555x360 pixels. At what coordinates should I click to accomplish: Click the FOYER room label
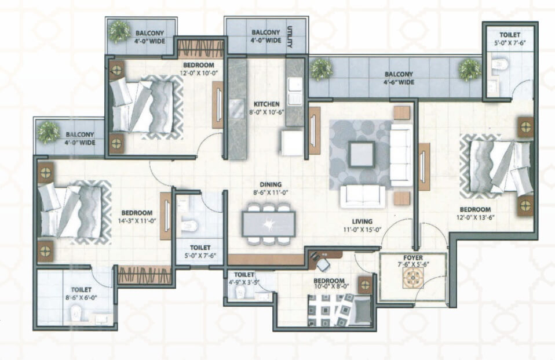coord(412,257)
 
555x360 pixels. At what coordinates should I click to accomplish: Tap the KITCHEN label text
coord(266,104)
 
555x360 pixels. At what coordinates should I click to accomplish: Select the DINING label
coord(271,184)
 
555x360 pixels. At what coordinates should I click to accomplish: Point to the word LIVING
coord(362,221)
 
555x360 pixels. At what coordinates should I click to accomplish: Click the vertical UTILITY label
coord(290,37)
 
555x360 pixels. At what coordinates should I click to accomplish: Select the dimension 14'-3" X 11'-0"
coord(137,220)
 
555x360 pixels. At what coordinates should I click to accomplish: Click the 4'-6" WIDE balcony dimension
coord(399,82)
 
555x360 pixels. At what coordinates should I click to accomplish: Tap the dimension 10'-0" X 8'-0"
coord(331,288)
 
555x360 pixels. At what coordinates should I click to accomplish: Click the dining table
coord(269,224)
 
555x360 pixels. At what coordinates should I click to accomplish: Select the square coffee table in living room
coord(362,154)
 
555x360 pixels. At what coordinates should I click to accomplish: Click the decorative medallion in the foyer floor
coord(412,278)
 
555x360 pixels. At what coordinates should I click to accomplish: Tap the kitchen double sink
coord(295,91)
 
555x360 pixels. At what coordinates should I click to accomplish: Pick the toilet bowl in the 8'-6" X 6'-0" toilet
coord(76,314)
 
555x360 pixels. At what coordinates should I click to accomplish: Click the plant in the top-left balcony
coord(119,31)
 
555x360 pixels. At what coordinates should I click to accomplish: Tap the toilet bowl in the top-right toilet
coord(500,64)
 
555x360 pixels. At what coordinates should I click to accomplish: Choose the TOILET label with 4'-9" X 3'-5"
coord(244,275)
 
